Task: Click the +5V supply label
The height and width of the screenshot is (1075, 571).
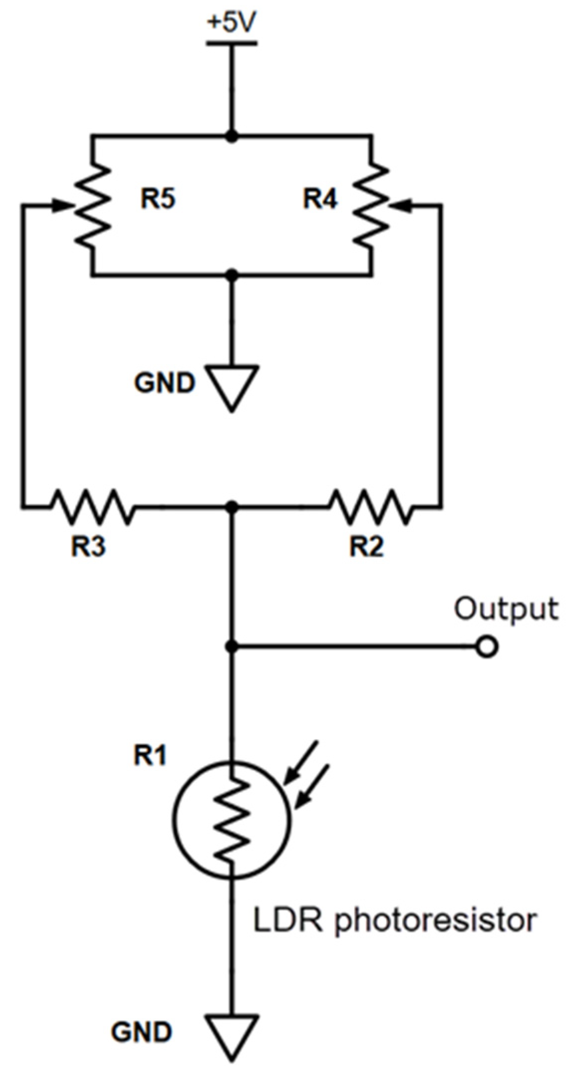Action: pos(231,23)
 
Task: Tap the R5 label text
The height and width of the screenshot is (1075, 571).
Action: pos(158,198)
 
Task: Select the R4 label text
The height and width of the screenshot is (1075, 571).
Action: pos(320,198)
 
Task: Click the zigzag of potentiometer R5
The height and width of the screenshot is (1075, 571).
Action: pos(93,204)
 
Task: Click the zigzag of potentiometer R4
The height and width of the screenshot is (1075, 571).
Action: pos(371,204)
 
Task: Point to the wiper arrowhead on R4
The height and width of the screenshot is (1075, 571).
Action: pos(403,205)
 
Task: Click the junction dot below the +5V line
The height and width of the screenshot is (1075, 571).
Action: pos(231,136)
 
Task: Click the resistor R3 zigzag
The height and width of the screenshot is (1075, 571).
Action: pos(93,507)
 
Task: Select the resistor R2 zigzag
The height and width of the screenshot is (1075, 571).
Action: pos(371,507)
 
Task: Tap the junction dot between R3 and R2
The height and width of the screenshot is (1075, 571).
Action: pos(231,507)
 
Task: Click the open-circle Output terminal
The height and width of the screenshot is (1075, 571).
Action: pos(487,647)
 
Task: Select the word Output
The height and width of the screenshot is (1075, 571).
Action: pos(505,609)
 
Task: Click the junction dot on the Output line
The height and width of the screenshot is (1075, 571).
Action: pos(231,647)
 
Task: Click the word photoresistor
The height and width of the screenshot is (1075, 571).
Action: pos(435,921)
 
